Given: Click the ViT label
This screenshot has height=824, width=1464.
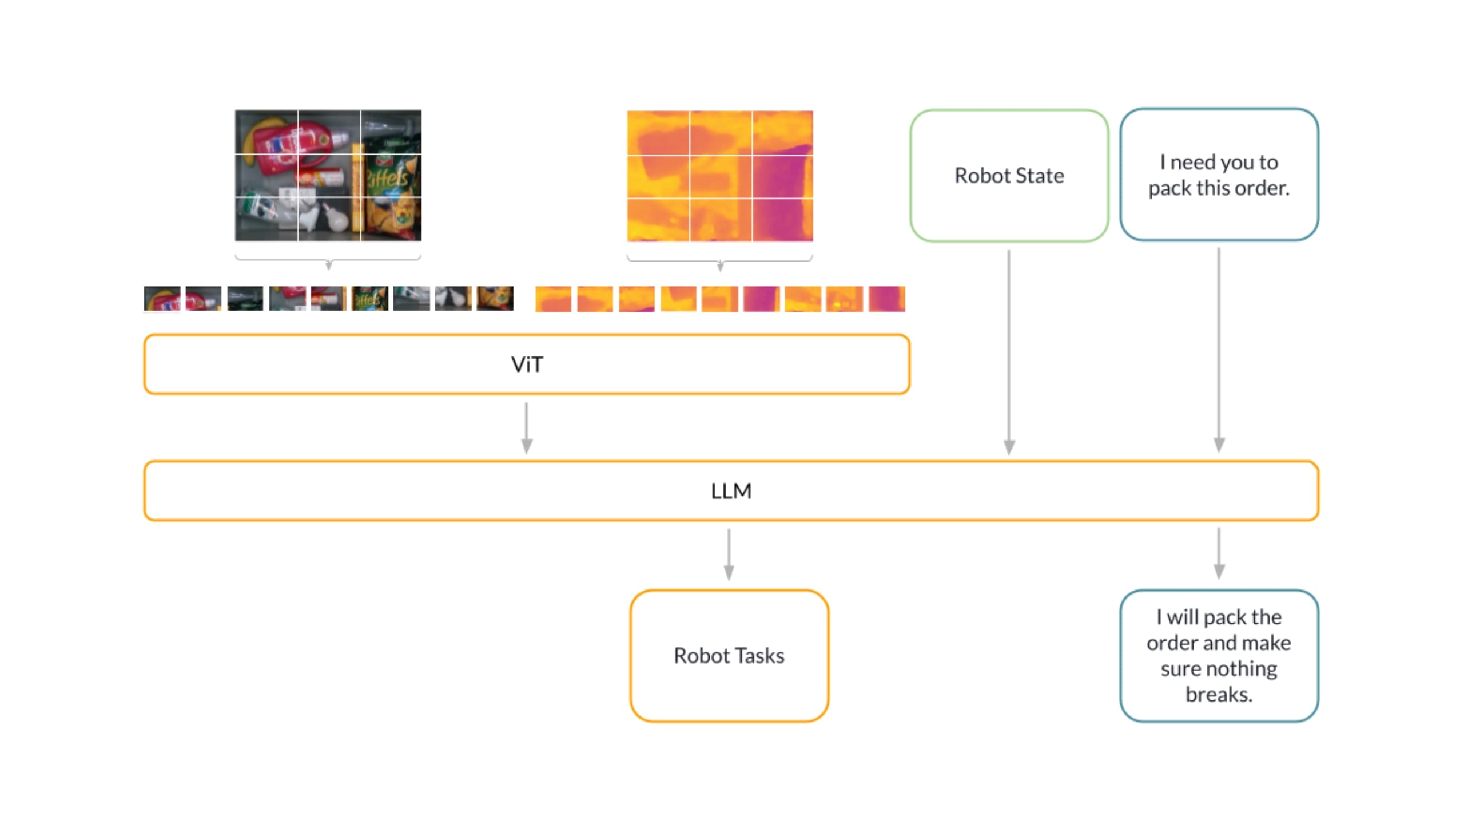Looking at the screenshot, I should coord(527,365).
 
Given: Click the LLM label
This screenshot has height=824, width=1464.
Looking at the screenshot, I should coord(731,491).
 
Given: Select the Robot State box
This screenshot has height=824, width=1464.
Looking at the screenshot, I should coord(1009,176).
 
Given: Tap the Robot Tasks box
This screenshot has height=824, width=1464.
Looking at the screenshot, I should coord(729,656).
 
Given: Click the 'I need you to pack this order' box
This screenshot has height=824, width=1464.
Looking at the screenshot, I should coord(1219,175).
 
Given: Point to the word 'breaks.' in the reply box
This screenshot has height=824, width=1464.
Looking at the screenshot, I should coord(1219,695).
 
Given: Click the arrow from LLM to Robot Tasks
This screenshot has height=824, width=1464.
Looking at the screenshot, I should coord(729,554).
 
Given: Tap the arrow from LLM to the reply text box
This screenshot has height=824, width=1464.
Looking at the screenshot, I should coord(1219,553).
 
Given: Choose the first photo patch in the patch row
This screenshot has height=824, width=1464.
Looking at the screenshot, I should coord(162,299).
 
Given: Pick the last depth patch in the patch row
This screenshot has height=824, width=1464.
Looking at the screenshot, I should coord(886,299).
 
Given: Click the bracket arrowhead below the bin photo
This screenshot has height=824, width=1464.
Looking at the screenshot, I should coord(329,265).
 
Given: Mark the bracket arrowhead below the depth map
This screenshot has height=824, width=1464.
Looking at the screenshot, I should coord(721,266).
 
